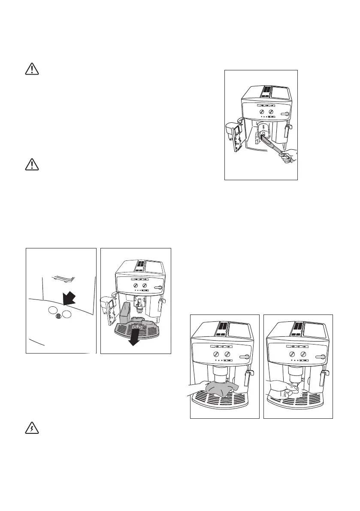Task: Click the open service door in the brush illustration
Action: click(235, 136)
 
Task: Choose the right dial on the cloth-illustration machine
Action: click(227, 354)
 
